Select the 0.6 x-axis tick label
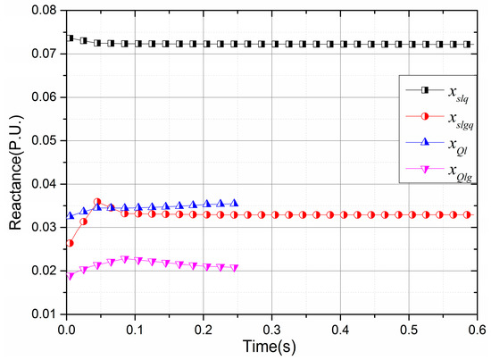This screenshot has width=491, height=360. (478, 328)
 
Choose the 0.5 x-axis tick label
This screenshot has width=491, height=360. (409, 328)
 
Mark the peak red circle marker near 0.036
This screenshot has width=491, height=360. (97, 203)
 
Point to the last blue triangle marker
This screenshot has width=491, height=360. (235, 203)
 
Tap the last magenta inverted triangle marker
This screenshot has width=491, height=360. (234, 268)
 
